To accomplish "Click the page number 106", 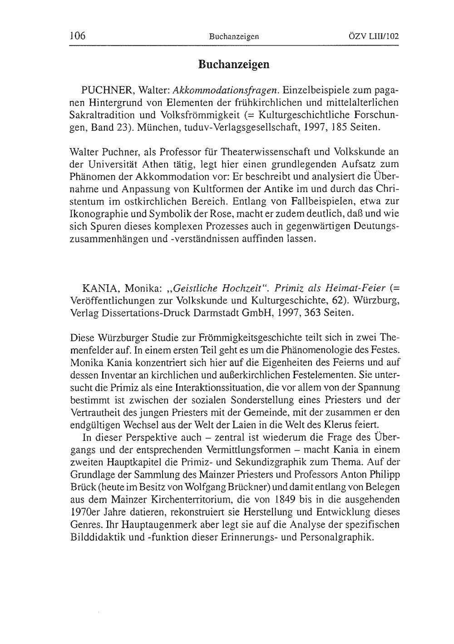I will click(78, 36).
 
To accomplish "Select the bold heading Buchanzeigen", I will click(233, 64).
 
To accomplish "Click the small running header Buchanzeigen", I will click(234, 36).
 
